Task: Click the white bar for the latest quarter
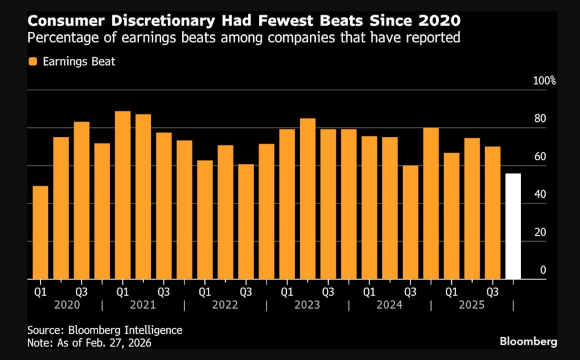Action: tap(513, 226)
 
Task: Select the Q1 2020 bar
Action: tap(40, 232)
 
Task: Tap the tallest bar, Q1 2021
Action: tap(122, 195)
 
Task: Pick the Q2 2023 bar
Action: tap(307, 199)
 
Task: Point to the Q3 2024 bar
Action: tap(410, 222)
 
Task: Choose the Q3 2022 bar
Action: tap(246, 222)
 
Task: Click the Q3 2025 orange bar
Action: tap(493, 213)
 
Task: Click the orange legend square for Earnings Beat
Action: tap(32, 62)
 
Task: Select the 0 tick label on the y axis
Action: tap(543, 270)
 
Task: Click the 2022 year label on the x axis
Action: tap(225, 305)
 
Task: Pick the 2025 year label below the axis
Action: tap(471, 305)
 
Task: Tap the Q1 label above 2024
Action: tap(369, 292)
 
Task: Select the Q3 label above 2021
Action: tap(163, 292)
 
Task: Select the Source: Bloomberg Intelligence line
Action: tap(105, 331)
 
